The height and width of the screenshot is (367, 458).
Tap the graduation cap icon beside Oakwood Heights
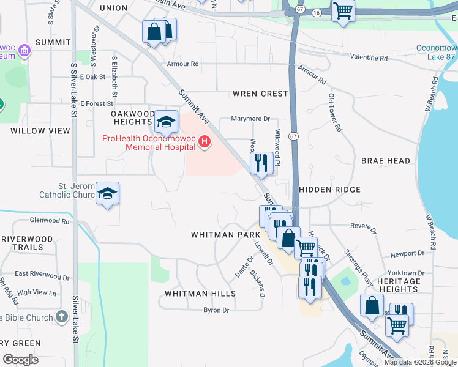pos(165,122)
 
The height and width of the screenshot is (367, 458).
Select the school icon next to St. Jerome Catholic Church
pos(108,194)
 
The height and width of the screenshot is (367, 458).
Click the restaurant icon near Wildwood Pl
pos(261,163)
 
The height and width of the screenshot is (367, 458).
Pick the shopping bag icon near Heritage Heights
pos(372,305)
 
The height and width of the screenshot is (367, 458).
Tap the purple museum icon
pos(24,49)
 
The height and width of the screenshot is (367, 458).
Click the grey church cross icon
pos(61,316)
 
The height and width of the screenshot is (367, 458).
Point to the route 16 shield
pos(315,12)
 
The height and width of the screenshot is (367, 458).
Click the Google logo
pos(20,359)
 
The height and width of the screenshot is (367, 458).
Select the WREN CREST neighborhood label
pos(260,94)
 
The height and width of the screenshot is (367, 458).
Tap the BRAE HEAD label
pos(385,161)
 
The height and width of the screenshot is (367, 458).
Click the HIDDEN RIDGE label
pos(329,190)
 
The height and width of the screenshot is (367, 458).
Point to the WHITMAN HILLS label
pos(200,294)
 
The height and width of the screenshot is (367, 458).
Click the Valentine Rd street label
pos(369,58)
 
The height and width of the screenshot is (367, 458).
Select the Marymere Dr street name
pos(250,119)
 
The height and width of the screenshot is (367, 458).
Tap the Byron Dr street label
pos(216,310)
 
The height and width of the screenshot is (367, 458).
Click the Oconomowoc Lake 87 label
pos(437,52)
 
